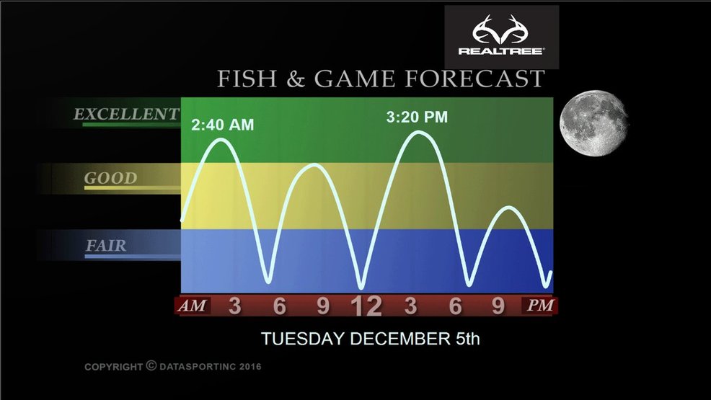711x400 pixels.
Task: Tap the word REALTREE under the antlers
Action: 501,51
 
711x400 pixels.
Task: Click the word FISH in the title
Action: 247,79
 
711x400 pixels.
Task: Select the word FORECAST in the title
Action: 474,79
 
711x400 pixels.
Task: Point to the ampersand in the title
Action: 295,79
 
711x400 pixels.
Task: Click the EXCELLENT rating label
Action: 126,114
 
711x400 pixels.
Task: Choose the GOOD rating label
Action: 110,178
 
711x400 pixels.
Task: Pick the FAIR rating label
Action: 106,246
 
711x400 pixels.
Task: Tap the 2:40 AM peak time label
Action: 223,125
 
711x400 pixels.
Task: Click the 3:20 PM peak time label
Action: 417,117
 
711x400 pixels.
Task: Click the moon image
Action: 593,123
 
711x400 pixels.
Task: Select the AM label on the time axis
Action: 193,306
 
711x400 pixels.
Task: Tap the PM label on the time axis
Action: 540,306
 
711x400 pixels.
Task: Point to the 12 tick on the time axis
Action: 366,306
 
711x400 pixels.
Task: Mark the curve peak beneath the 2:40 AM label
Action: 221,140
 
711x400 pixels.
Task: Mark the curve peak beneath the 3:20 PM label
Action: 418,133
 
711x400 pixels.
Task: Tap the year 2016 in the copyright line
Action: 250,366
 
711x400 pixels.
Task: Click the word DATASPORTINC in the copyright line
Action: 198,366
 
